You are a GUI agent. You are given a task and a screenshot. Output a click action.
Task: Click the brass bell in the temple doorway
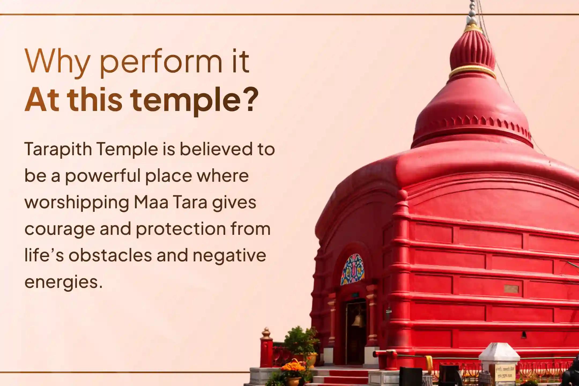point(357,320)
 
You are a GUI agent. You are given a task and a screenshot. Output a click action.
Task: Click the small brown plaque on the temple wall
point(511,289)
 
